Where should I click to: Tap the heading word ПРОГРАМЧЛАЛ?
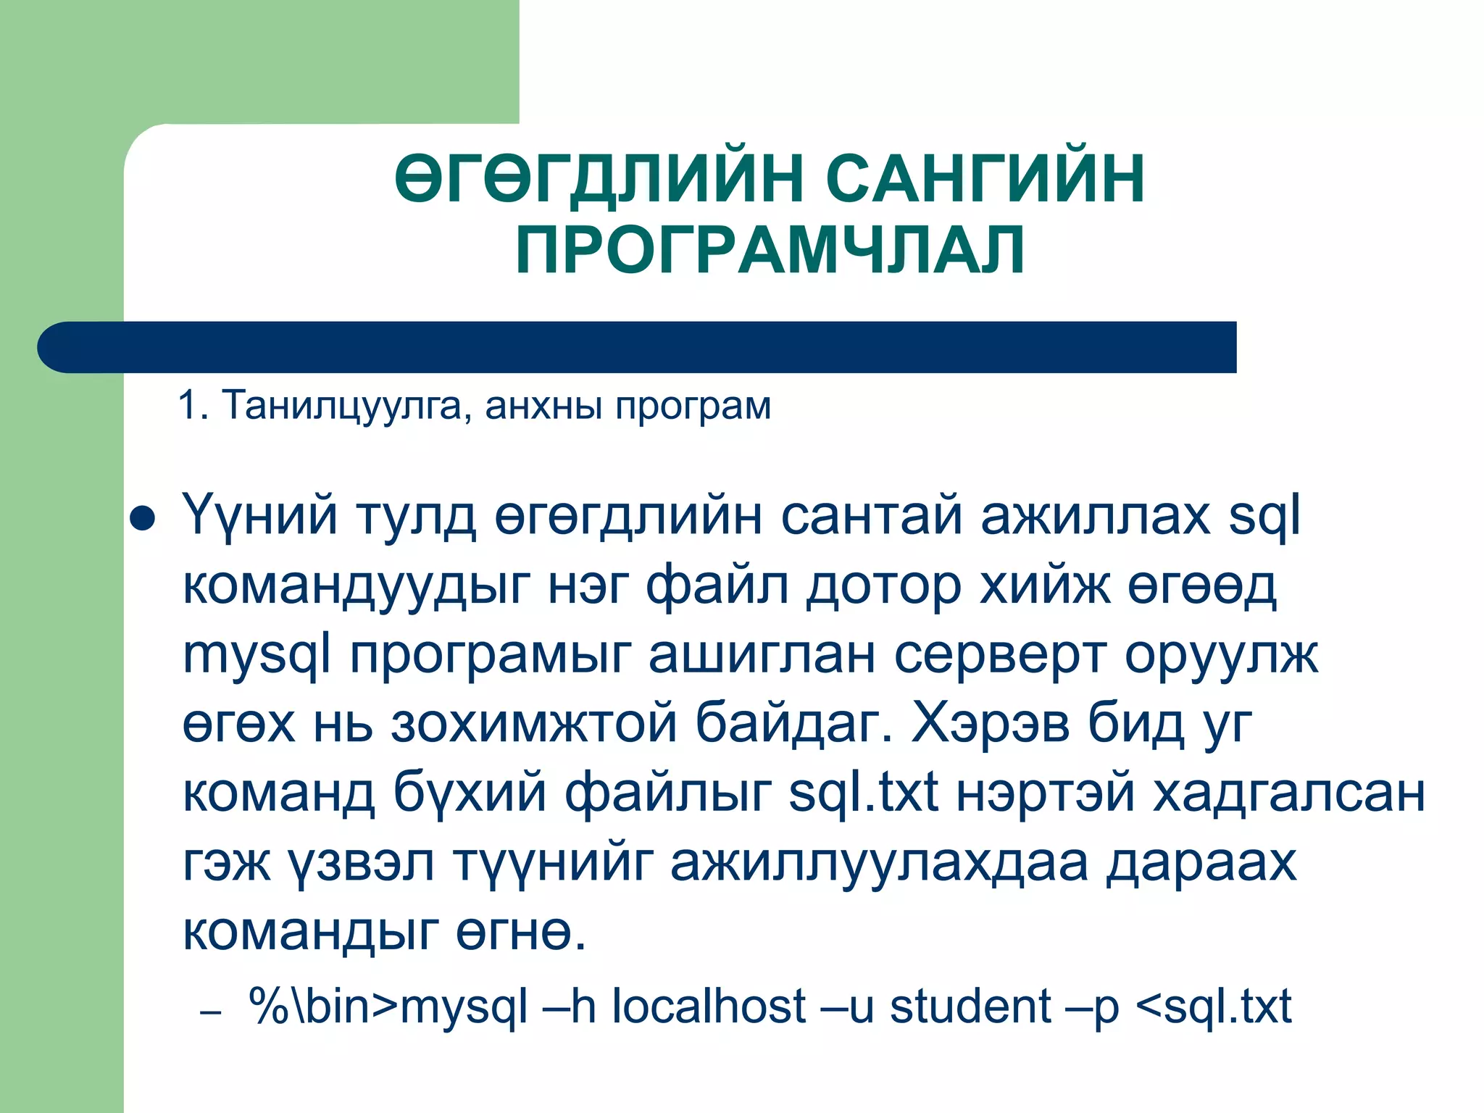click(x=770, y=250)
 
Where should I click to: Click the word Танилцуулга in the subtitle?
click(x=341, y=405)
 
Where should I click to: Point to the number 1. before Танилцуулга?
click(x=193, y=405)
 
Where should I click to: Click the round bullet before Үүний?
click(x=142, y=519)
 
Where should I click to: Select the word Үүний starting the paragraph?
click(x=259, y=516)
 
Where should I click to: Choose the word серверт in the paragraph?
click(x=1000, y=655)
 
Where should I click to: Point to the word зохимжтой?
click(x=534, y=724)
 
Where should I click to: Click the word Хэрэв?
click(x=991, y=722)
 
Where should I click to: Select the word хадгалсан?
click(x=1289, y=792)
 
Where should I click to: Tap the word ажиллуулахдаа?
click(x=879, y=862)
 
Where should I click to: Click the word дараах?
click(x=1201, y=862)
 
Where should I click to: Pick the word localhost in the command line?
click(x=709, y=1006)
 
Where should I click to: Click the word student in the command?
click(x=970, y=1006)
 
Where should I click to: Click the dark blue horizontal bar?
click(x=638, y=347)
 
